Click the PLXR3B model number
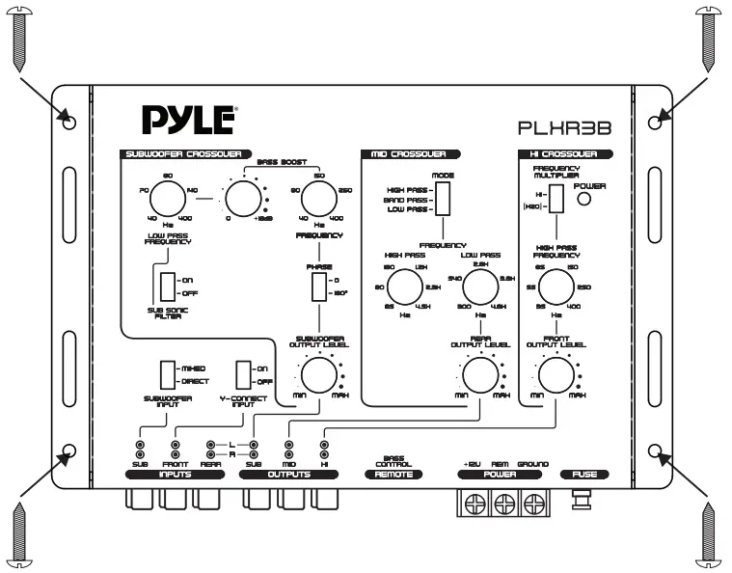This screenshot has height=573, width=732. click(566, 126)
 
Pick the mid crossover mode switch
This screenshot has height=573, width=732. click(443, 198)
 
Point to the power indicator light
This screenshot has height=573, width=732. click(583, 200)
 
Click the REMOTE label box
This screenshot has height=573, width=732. click(393, 475)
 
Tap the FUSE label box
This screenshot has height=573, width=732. click(584, 475)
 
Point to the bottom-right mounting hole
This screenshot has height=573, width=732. click(657, 450)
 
